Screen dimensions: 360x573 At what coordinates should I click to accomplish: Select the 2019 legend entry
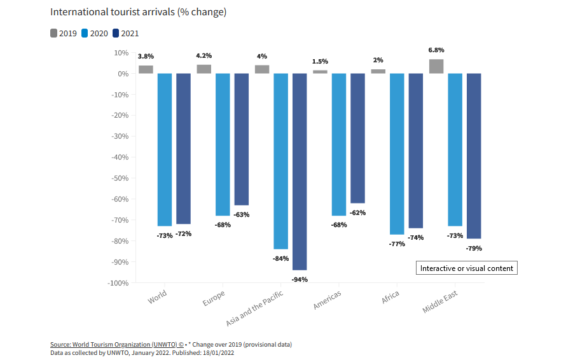click(64, 33)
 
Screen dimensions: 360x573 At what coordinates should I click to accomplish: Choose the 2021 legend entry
click(125, 33)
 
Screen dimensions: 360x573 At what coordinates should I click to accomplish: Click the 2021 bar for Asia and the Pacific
click(300, 172)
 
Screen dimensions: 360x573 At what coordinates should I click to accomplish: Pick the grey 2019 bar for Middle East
click(436, 66)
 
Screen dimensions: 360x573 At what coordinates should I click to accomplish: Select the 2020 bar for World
click(165, 149)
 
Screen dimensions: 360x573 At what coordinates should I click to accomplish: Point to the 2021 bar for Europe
click(242, 139)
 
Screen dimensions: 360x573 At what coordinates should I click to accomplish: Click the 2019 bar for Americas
click(320, 71)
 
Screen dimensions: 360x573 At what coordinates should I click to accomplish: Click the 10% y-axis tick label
click(121, 53)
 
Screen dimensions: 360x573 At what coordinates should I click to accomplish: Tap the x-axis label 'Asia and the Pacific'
click(255, 308)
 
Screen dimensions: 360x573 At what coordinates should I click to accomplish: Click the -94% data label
click(300, 279)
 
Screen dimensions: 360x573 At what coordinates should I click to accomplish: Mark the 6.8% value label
click(436, 50)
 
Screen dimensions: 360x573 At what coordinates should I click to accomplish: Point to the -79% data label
click(473, 248)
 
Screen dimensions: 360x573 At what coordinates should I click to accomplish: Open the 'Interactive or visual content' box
click(466, 268)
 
